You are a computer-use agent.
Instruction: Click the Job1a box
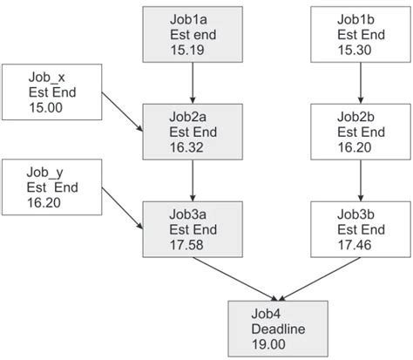[192, 34]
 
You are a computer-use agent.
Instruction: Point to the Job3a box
[192, 229]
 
